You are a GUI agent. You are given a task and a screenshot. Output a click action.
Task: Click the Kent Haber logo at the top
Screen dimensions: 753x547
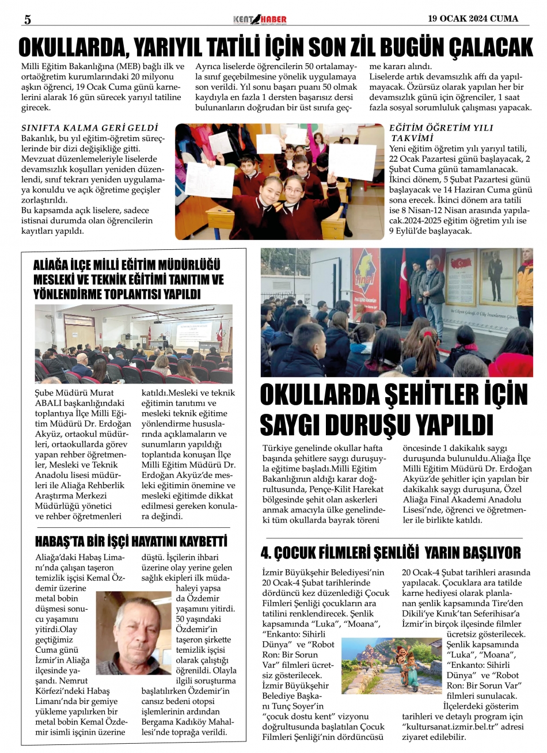point(260,20)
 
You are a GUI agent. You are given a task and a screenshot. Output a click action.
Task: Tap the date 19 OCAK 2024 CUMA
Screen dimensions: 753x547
point(473,18)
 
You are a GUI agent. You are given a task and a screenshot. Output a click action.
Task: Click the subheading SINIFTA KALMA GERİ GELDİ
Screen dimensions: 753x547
point(90,128)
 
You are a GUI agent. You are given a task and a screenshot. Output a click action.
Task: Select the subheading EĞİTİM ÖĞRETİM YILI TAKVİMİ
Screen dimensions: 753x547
point(441,133)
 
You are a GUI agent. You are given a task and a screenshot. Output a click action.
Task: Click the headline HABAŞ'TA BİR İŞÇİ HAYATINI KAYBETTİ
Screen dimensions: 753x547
point(131,542)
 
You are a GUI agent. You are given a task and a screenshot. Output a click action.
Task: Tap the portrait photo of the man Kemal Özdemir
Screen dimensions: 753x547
point(133,633)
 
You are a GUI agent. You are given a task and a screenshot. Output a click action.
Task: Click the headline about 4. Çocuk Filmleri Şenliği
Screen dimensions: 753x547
point(390,553)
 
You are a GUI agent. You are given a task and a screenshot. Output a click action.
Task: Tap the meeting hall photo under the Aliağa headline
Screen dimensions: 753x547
point(134,344)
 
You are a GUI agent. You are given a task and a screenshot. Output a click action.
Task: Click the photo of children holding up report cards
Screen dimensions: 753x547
point(279,181)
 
